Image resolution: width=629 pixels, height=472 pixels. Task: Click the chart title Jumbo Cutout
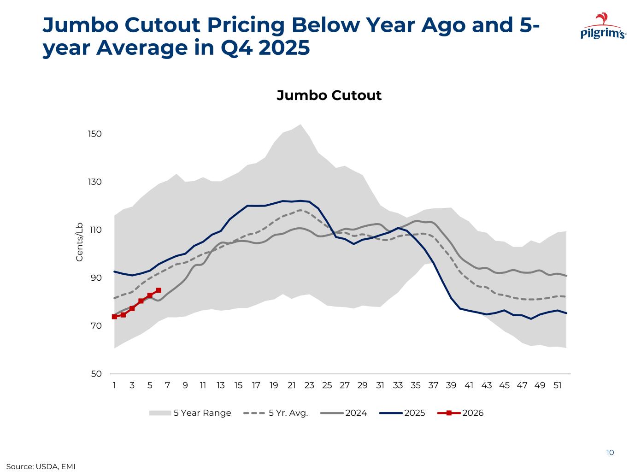[329, 95]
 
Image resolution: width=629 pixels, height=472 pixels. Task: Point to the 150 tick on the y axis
[95, 134]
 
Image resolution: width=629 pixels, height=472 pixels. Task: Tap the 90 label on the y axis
[96, 278]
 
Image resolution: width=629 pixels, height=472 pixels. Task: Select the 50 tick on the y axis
[96, 374]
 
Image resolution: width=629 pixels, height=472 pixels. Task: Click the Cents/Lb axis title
[80, 242]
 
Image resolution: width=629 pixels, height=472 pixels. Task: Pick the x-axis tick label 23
[309, 385]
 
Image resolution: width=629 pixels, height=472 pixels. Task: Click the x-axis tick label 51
[557, 385]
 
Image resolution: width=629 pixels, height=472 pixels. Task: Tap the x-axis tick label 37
[433, 385]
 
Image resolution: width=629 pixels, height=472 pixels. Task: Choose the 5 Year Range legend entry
[190, 413]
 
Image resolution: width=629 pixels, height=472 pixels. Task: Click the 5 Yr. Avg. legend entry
[275, 413]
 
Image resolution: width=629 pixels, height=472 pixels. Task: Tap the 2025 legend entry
[402, 413]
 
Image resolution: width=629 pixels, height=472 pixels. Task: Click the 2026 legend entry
[460, 413]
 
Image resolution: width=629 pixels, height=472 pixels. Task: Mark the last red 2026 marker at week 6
[159, 290]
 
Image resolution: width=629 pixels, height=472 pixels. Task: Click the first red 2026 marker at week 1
[114, 317]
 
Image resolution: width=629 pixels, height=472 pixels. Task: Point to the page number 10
[610, 453]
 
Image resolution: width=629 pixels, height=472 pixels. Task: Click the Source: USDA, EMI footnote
[41, 466]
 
